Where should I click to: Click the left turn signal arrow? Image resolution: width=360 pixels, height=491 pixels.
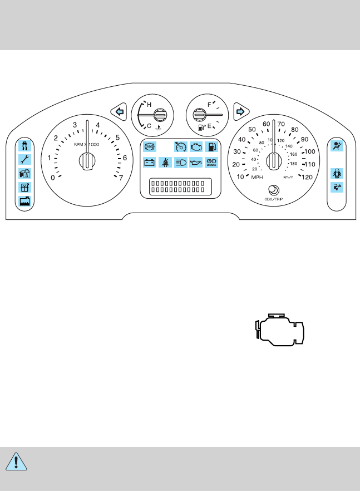[118, 111]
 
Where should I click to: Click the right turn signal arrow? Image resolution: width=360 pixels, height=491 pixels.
[240, 111]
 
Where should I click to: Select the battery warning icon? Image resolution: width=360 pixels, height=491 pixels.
[150, 163]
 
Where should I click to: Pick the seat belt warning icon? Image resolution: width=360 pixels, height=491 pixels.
[165, 163]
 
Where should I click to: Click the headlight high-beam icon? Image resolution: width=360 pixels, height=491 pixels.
[181, 163]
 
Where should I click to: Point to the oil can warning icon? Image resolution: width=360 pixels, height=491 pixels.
[196, 163]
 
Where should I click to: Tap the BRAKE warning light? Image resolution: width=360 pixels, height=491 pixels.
[211, 163]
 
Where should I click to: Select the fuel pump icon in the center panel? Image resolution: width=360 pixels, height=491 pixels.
[211, 147]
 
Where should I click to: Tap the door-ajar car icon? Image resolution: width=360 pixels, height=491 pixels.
[336, 173]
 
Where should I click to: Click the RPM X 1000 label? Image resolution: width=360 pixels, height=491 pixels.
[86, 144]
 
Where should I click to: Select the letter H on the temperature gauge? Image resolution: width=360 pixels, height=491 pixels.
[149, 104]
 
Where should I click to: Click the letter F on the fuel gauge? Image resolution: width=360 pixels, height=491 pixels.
[209, 104]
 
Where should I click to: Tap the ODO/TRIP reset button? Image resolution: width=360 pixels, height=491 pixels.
[273, 189]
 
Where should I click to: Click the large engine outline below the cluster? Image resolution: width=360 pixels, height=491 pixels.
[280, 328]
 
